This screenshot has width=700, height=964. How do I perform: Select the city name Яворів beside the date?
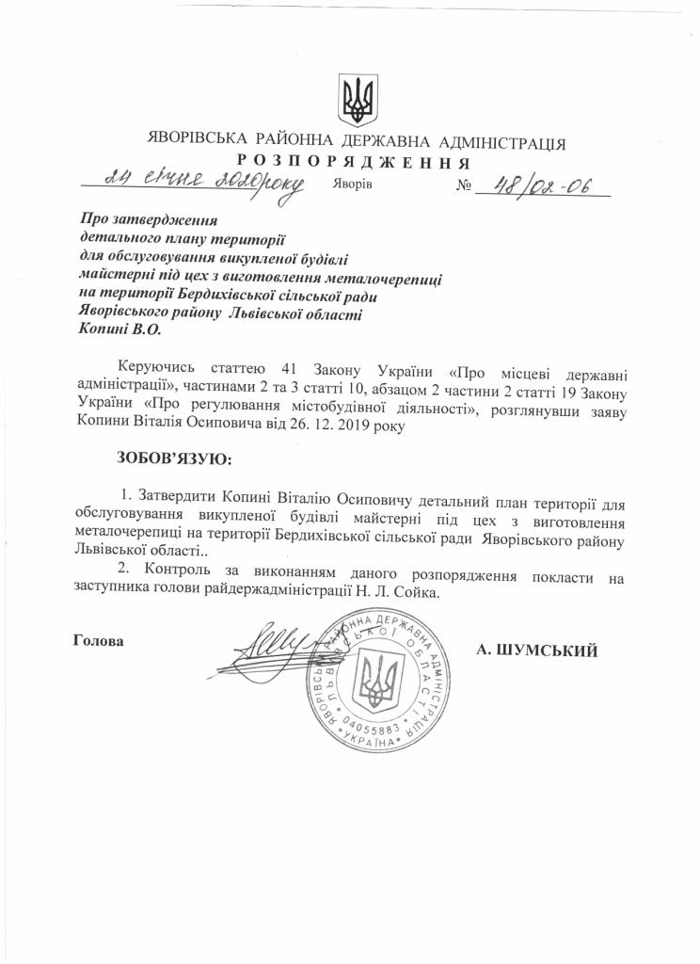point(353,185)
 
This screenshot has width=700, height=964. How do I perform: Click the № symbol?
point(463,186)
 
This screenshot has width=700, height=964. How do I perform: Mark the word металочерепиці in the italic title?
point(387,279)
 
